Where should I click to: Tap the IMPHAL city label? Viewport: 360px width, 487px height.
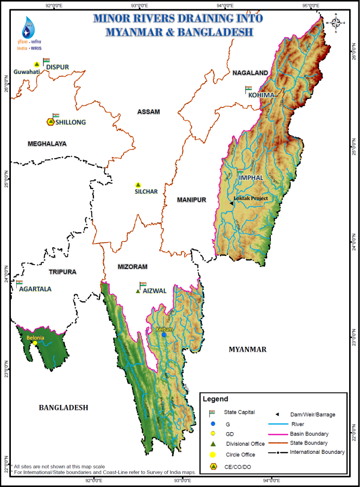pyautogui.click(x=250, y=178)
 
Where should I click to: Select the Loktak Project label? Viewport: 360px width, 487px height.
pyautogui.click(x=251, y=198)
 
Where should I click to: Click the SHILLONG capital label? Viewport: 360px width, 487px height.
pyautogui.click(x=70, y=122)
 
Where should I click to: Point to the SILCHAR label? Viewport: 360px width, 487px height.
pyautogui.click(x=147, y=192)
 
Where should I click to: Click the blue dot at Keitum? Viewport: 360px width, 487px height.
pyautogui.click(x=163, y=335)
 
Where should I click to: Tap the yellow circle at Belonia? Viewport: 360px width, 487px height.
pyautogui.click(x=35, y=343)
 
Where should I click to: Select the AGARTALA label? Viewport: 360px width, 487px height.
pyautogui.click(x=35, y=289)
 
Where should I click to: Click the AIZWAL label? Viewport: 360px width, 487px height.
pyautogui.click(x=155, y=291)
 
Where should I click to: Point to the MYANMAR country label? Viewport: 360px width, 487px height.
pyautogui.click(x=247, y=349)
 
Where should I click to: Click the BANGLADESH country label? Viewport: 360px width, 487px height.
pyautogui.click(x=63, y=407)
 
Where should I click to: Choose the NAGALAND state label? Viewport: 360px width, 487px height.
pyautogui.click(x=250, y=73)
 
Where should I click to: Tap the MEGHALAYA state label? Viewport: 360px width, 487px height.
pyautogui.click(x=47, y=143)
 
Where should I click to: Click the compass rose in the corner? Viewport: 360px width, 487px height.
pyautogui.click(x=336, y=23)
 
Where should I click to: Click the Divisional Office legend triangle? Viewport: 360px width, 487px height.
pyautogui.click(x=213, y=444)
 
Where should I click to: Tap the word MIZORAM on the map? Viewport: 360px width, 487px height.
pyautogui.click(x=132, y=267)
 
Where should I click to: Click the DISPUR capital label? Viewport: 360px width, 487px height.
pyautogui.click(x=58, y=67)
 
